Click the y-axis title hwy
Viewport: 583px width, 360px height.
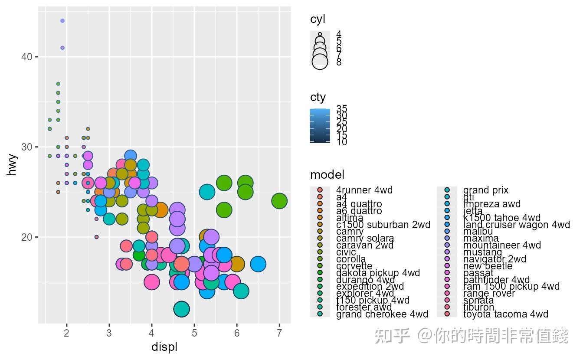coord(13,165)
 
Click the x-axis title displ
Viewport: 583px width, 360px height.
coord(164,347)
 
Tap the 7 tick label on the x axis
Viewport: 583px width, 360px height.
coord(279,333)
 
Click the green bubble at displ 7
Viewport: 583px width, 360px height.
coord(279,201)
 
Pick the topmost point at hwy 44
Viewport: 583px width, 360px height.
coord(62,21)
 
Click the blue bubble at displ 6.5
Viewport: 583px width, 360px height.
coord(258,264)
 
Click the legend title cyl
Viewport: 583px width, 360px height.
coord(318,19)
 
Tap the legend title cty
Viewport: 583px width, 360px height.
coord(318,97)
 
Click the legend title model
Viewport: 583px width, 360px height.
coord(327,175)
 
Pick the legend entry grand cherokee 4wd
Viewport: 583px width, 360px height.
coord(382,314)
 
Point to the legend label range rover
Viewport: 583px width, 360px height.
coord(489,293)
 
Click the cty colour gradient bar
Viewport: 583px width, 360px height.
coord(320,126)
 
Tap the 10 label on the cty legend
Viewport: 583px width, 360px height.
coord(341,142)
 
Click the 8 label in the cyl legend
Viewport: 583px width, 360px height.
coord(339,62)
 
